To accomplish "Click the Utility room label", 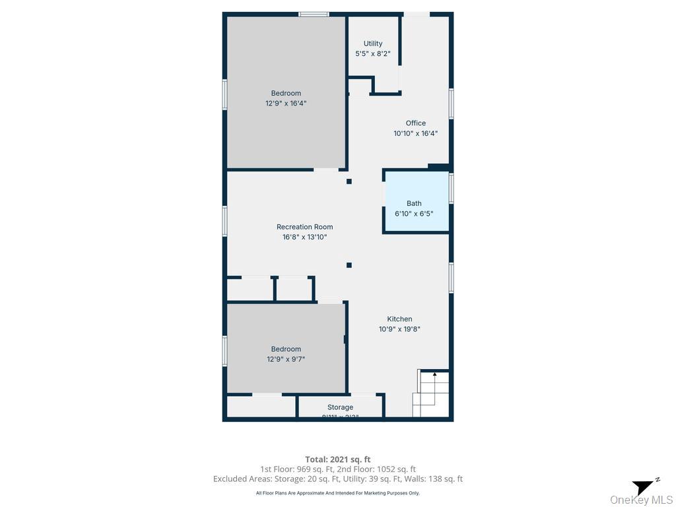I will pyautogui.click(x=372, y=44).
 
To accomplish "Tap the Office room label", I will pyautogui.click(x=415, y=123).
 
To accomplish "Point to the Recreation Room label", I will pyautogui.click(x=304, y=227).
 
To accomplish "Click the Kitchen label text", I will pyautogui.click(x=399, y=319).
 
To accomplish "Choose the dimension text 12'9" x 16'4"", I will pyautogui.click(x=286, y=103).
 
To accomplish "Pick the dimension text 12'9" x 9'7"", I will pyautogui.click(x=286, y=359).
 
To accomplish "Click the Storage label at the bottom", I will pyautogui.click(x=340, y=407).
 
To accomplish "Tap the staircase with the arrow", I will pyautogui.click(x=432, y=393).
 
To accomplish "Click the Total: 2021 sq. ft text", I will pyautogui.click(x=337, y=459).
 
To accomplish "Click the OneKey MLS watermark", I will pyautogui.click(x=641, y=500).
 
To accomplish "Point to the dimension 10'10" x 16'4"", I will pyautogui.click(x=415, y=133).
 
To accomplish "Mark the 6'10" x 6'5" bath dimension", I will pyautogui.click(x=414, y=213).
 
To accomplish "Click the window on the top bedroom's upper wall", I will pyautogui.click(x=314, y=14).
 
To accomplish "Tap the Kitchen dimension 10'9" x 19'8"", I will pyautogui.click(x=399, y=329).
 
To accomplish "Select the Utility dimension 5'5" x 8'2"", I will pyautogui.click(x=372, y=53).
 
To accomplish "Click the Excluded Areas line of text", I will pyautogui.click(x=337, y=479).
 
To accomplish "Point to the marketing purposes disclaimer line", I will pyautogui.click(x=337, y=493).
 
